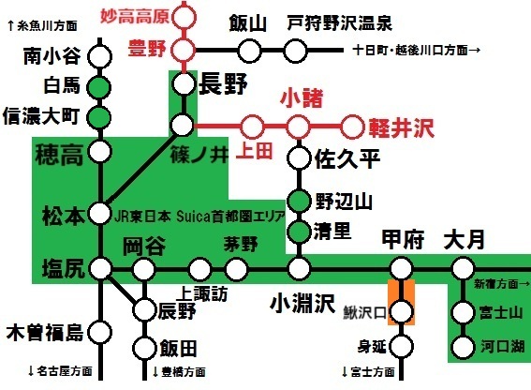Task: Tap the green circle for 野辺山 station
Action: (x=298, y=201)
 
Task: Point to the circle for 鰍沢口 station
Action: (x=400, y=310)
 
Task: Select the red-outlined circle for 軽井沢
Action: (x=352, y=124)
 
